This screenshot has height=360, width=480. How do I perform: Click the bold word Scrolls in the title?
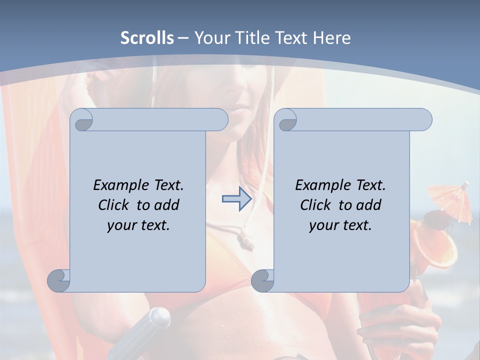[x=147, y=38]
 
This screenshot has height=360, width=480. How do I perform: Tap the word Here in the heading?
[x=332, y=38]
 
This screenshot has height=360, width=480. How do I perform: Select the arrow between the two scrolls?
[x=236, y=199]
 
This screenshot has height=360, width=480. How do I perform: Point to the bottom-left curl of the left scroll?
[x=58, y=280]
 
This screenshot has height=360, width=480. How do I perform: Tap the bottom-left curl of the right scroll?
[x=262, y=280]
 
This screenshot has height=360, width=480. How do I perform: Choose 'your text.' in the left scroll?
[x=138, y=225]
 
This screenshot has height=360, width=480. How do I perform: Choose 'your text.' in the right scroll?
[x=340, y=225]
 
